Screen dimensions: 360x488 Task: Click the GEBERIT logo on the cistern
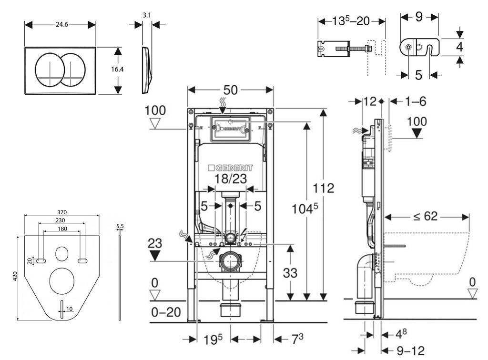pyautogui.click(x=231, y=169)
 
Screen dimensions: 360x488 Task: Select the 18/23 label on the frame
pyautogui.click(x=231, y=180)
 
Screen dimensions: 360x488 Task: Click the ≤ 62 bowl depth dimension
pyautogui.click(x=426, y=217)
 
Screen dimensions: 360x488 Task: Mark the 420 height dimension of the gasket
pyautogui.click(x=15, y=276)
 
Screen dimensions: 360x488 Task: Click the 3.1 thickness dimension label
pyautogui.click(x=147, y=15)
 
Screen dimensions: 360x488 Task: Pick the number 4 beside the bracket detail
pyautogui.click(x=459, y=47)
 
